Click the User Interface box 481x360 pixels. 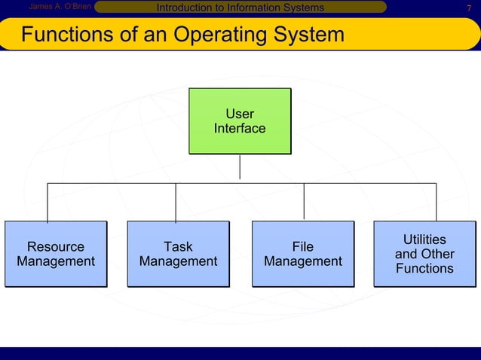(x=240, y=121)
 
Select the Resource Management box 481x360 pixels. (x=55, y=254)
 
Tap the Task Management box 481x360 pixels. (x=178, y=254)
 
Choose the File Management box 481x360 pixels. (x=302, y=254)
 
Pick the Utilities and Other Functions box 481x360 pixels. (x=424, y=254)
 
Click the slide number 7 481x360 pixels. (x=469, y=8)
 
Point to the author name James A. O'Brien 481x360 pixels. (x=59, y=8)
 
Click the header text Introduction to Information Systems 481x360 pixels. (x=240, y=8)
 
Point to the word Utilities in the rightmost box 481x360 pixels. (x=424, y=239)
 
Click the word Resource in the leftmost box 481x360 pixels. (x=55, y=247)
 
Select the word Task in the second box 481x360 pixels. (x=178, y=247)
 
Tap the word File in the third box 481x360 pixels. (x=302, y=247)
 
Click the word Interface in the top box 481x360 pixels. (x=240, y=129)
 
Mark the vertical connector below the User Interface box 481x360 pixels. (x=240, y=167)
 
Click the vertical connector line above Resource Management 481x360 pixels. (x=48, y=202)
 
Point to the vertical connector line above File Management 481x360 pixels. (x=304, y=202)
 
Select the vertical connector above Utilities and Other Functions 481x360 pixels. (x=436, y=202)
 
